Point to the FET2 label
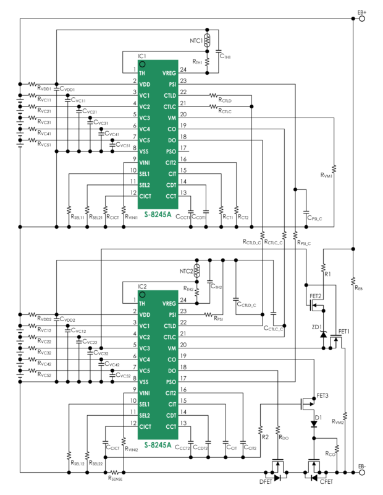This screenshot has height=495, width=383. coord(316,296)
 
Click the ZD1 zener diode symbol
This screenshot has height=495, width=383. coord(322,335)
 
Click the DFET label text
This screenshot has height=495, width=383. coord(264,481)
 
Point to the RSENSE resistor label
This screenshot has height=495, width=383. coord(117,478)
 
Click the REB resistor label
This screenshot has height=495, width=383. coord(358,287)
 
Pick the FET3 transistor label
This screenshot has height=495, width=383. coord(322,395)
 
